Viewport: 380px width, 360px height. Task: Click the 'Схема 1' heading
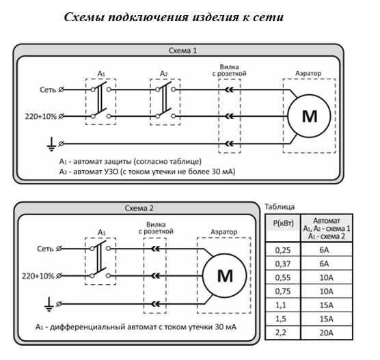(x=182, y=51)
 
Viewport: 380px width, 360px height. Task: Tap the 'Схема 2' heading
(x=139, y=208)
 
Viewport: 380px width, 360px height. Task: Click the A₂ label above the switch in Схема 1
(x=164, y=73)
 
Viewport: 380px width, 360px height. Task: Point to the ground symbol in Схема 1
(x=51, y=144)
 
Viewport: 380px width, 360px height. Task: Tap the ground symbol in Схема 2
(x=49, y=304)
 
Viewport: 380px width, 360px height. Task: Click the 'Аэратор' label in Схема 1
(x=308, y=73)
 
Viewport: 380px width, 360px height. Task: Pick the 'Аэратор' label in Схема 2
(x=224, y=232)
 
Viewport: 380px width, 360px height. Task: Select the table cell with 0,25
(x=282, y=250)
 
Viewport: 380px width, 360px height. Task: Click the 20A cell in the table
(x=326, y=333)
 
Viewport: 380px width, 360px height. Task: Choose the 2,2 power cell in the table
(x=281, y=333)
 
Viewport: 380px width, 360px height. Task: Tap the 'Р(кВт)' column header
(x=283, y=223)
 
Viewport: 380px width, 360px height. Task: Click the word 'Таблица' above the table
(x=280, y=207)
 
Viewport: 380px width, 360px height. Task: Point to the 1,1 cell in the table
(x=281, y=305)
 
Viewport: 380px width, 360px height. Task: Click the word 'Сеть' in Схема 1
(x=48, y=89)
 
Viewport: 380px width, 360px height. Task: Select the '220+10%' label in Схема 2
(x=38, y=276)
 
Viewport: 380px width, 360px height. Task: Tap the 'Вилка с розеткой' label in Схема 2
(x=156, y=227)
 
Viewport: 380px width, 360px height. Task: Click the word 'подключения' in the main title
(x=148, y=18)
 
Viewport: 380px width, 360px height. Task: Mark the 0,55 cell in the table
(x=282, y=277)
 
